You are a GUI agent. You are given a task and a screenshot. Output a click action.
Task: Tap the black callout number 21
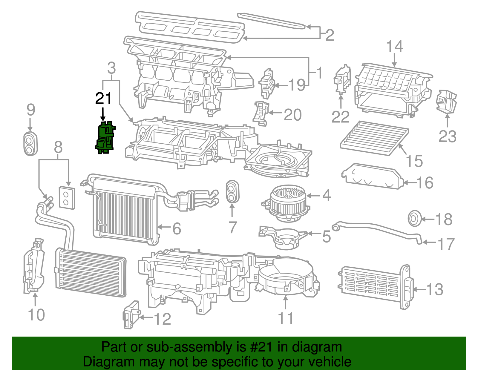[x=103, y=99]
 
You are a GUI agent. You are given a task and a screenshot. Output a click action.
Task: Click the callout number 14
[x=394, y=47]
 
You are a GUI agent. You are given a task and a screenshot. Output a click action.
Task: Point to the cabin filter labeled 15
[x=374, y=138]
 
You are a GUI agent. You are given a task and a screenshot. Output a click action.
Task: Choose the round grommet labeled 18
[x=415, y=219]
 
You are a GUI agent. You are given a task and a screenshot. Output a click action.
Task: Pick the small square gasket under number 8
[x=67, y=197]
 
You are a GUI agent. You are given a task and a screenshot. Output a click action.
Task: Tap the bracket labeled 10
[x=33, y=266]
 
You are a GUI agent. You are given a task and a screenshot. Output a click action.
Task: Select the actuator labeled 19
[x=267, y=83]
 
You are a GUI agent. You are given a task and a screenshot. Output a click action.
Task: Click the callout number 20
[x=292, y=115]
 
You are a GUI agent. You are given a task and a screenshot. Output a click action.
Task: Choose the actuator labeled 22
[x=342, y=79]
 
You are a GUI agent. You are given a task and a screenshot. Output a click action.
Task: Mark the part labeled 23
[x=447, y=102]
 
